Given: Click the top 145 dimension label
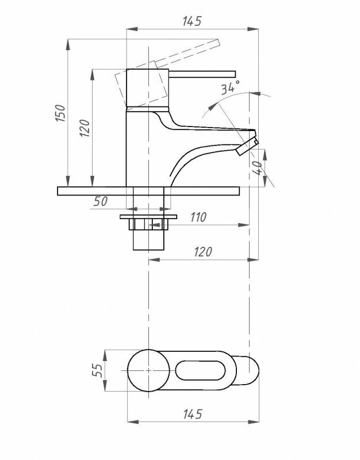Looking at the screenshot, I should point(192,22).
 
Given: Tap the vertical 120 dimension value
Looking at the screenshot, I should point(85,131).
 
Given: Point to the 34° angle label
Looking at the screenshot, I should point(229,88).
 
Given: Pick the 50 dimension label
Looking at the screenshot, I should point(101,202).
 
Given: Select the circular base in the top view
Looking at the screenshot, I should point(148,371).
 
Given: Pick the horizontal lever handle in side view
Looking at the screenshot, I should point(201,73).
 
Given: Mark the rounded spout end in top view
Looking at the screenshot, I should point(247,371).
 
